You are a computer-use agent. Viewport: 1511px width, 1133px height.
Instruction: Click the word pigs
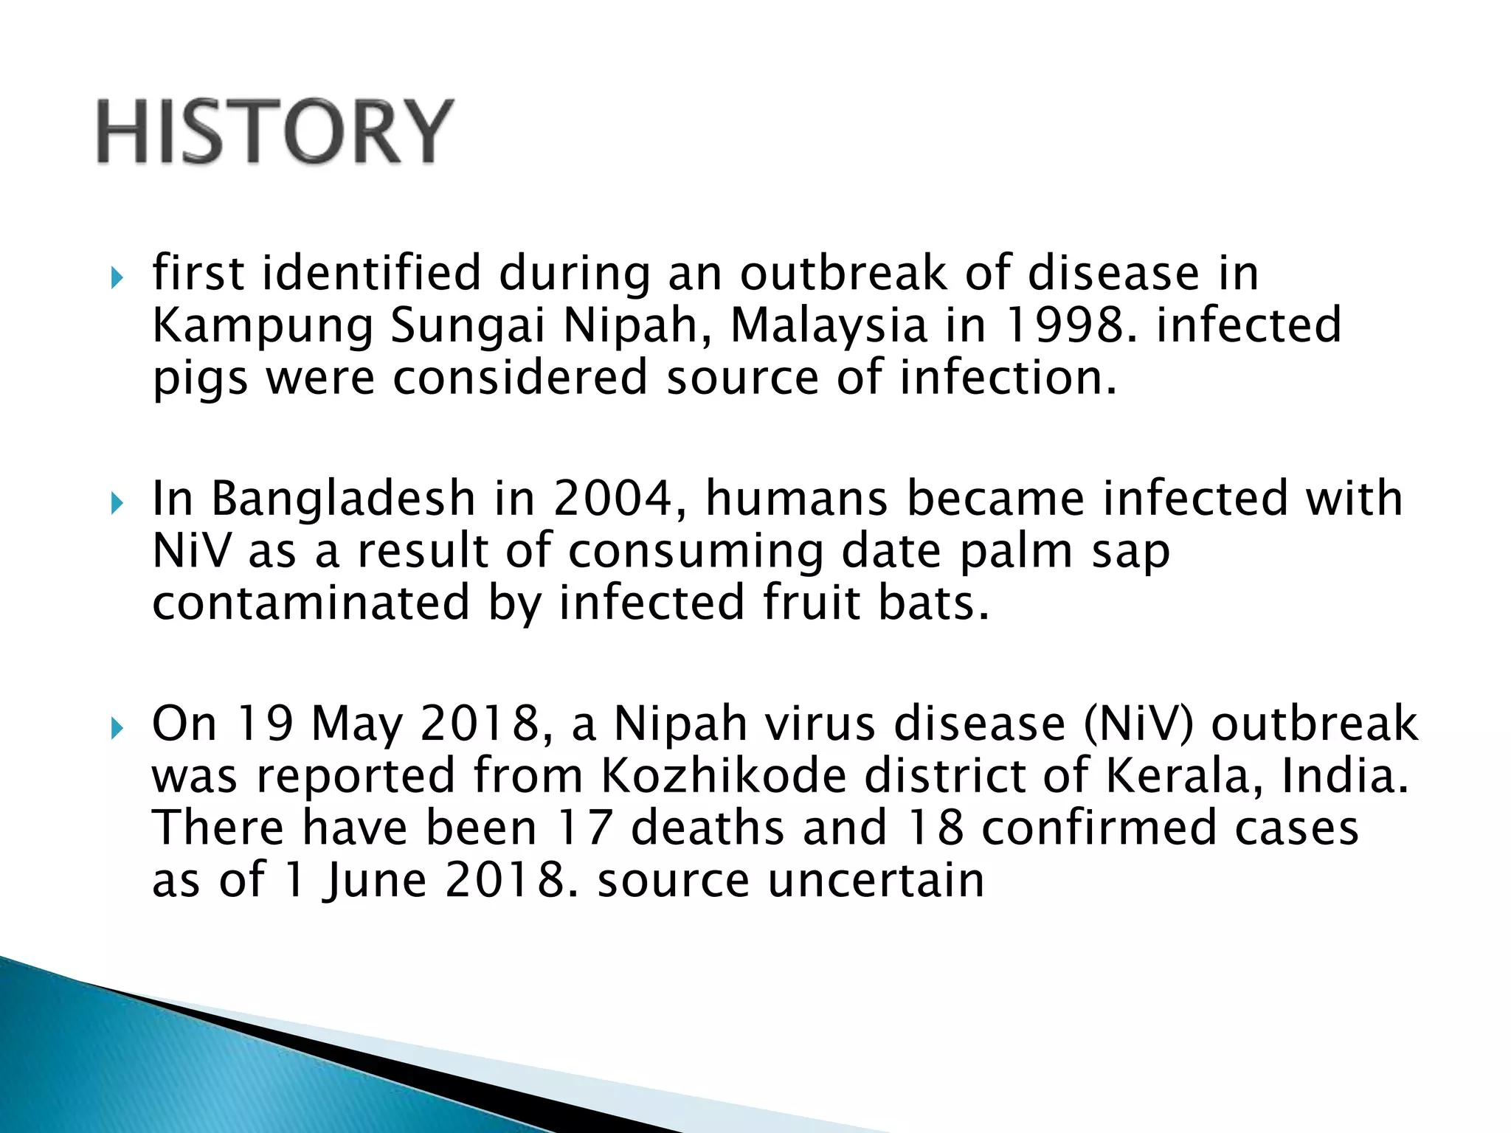click(x=199, y=379)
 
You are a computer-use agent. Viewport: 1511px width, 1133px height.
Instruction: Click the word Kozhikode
click(x=723, y=776)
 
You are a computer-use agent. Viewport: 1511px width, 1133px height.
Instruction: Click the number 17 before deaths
click(x=585, y=828)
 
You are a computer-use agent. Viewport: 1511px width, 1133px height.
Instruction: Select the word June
click(x=374, y=881)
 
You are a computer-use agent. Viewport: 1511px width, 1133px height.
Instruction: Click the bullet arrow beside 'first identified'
click(x=115, y=279)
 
